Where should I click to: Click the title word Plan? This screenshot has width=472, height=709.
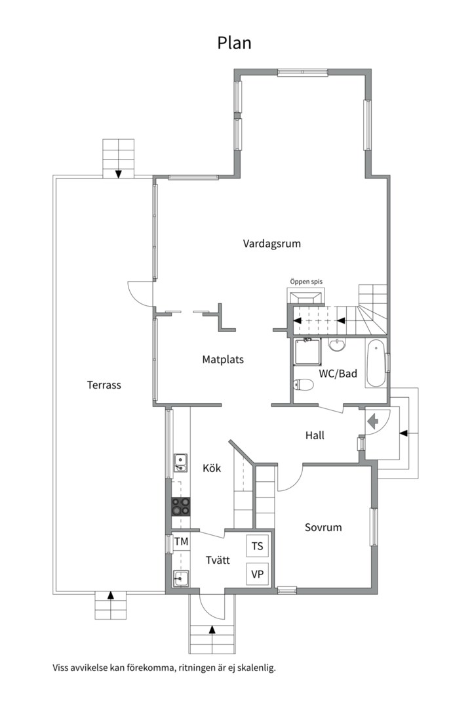tap(234, 43)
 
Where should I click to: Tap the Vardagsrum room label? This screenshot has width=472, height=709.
tap(272, 244)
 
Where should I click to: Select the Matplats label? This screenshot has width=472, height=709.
tap(223, 360)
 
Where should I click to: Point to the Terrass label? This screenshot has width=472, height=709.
tap(104, 385)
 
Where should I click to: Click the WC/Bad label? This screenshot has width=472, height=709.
tap(338, 374)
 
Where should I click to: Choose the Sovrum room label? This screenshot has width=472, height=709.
tap(323, 527)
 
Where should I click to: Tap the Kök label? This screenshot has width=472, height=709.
tap(212, 468)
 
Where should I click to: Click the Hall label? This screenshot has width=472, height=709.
tap(315, 435)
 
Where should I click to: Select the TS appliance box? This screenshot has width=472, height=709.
tap(258, 546)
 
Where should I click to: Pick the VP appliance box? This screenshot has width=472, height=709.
tap(258, 574)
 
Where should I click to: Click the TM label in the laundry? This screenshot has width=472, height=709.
tap(181, 541)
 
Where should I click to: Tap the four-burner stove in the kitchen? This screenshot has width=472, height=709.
tap(181, 506)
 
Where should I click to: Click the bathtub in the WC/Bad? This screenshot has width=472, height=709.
tap(376, 364)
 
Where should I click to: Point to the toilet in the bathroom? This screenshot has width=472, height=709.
tap(304, 385)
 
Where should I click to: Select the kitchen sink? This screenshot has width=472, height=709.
tap(181, 463)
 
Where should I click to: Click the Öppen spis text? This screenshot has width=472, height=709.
tap(306, 282)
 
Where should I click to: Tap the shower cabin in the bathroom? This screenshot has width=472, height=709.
tap(308, 352)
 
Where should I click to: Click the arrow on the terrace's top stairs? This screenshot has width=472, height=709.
tap(119, 173)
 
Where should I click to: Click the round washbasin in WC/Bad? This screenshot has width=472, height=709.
tap(337, 345)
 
